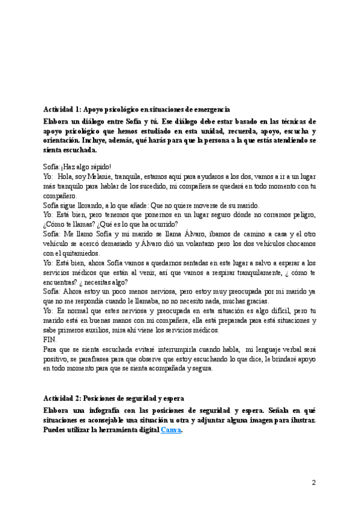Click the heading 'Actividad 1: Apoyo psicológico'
point(136,109)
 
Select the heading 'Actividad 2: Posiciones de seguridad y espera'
point(114,399)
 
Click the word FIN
point(50,339)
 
